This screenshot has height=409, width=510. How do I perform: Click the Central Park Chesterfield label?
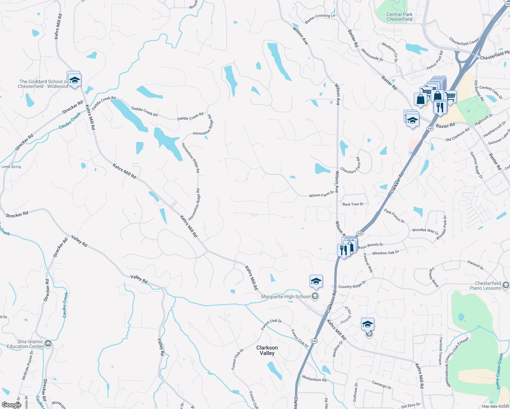pos(399,17)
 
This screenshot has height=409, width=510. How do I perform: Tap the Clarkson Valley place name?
pos(267,350)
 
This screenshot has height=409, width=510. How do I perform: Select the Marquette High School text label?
pos(285,297)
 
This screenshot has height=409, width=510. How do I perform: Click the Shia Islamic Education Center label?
pos(25,344)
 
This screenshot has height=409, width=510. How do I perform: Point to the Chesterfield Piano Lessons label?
pos(488,286)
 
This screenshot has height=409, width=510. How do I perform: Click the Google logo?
pos(11,405)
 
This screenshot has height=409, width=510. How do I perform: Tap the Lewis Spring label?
pos(11,167)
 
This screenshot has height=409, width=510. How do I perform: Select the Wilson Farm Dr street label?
pos(321,195)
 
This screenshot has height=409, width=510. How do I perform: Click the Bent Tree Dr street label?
pos(353,204)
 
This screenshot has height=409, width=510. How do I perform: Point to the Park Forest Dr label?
pos(394,216)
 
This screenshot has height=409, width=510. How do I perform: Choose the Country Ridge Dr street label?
pos(352,284)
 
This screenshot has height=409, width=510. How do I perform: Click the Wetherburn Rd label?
pos(314,378)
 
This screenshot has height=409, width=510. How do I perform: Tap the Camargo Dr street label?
pos(381,385)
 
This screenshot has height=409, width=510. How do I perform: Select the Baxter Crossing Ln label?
pos(320,18)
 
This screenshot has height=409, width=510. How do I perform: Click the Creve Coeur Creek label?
pos(500,371)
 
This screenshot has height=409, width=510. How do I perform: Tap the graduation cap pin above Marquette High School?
pos(316,282)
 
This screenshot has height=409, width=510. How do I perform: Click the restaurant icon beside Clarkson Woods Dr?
pos(344,250)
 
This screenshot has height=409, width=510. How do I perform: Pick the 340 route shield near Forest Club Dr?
pos(314,341)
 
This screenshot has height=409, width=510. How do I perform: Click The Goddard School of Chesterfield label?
pos(43,84)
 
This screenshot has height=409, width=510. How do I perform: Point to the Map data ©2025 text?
pos(495,406)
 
